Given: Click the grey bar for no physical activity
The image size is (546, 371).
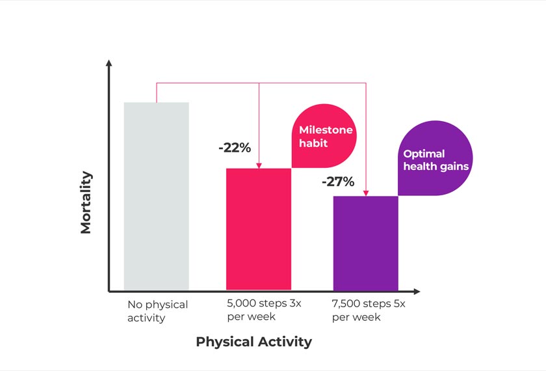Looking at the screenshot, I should (x=156, y=196).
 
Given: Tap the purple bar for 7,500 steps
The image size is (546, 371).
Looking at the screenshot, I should (x=365, y=243).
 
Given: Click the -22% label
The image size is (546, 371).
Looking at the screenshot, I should (x=234, y=148).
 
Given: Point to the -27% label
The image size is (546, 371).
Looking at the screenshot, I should (x=337, y=182).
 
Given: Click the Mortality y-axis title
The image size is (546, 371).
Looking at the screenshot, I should (x=86, y=202).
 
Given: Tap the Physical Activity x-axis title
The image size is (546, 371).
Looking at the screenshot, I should (x=253, y=342).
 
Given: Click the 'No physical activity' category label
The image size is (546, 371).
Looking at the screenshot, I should (x=157, y=311).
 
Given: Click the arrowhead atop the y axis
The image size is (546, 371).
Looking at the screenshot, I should (x=109, y=63).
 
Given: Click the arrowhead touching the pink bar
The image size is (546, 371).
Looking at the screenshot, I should (x=259, y=165).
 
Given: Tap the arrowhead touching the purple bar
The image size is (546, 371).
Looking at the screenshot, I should (x=366, y=193).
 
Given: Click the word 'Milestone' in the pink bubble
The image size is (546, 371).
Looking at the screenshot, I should (x=326, y=130).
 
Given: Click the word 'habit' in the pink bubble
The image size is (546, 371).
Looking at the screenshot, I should (x=313, y=142).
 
